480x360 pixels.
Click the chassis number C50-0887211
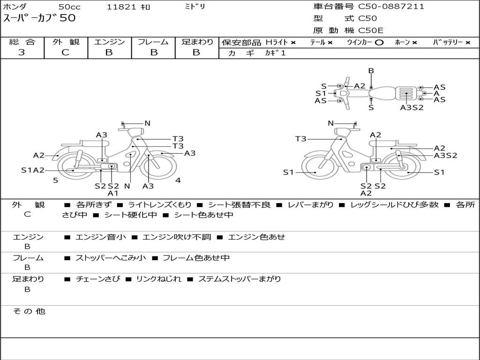coord(391,7)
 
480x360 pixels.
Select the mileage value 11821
coord(121,7)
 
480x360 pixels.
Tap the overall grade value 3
coord(22,52)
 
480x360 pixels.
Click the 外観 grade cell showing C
coord(66,52)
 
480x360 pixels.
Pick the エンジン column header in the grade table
coord(109,42)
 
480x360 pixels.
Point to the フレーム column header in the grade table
coord(153,42)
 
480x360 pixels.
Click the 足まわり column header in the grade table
coord(197,42)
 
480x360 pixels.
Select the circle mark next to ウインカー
coord(379,42)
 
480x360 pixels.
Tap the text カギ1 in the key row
coord(275,53)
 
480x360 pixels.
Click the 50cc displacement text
coord(69,7)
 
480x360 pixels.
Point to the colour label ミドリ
coord(195,7)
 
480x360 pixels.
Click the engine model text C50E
coord(371,30)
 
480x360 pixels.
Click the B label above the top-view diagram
coord(371,71)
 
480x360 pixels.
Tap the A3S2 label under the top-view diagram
coord(412,107)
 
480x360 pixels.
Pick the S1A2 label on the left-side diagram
coord(33,170)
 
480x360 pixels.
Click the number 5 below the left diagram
coord(55,180)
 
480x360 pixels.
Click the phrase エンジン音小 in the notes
coord(101,237)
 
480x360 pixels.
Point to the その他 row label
coord(29,311)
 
